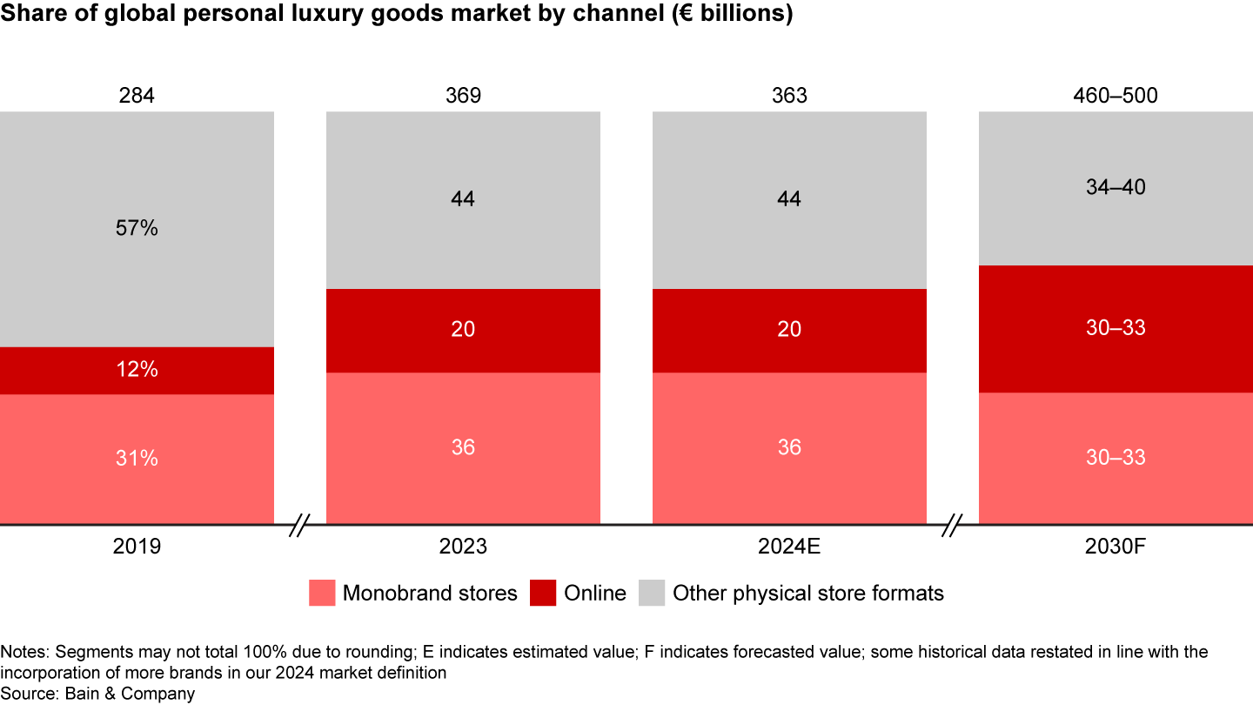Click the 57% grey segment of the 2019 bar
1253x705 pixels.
[137, 229]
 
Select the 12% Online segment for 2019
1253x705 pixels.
[137, 370]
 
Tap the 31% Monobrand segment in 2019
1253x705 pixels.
[137, 459]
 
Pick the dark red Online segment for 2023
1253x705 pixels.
[463, 330]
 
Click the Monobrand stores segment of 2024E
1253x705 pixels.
[789, 447]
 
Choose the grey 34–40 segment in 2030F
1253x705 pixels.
[1116, 187]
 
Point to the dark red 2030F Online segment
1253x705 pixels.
[1116, 328]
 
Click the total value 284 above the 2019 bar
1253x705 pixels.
[137, 96]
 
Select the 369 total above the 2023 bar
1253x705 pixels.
[463, 96]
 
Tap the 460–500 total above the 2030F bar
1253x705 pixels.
[1116, 96]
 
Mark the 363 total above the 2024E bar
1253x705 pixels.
[789, 96]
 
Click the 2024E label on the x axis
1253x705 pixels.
[789, 547]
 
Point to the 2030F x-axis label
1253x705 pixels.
[1116, 547]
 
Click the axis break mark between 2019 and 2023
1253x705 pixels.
[300, 525]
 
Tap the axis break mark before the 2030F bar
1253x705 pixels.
[953, 525]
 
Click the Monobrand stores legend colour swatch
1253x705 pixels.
[321, 594]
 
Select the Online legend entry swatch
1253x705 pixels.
[543, 594]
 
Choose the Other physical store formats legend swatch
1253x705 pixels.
[652, 594]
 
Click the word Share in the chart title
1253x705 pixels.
[28, 16]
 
